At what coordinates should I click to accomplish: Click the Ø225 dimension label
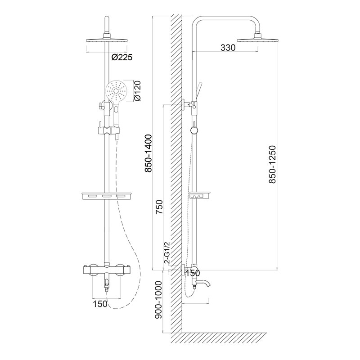click(122, 57)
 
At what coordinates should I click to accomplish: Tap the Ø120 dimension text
click(137, 91)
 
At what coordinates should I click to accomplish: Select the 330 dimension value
click(228, 48)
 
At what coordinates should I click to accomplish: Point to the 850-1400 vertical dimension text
click(148, 153)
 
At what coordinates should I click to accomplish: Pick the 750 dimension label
click(159, 207)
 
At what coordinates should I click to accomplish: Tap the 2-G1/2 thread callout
click(167, 252)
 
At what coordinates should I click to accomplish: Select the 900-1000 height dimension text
click(158, 300)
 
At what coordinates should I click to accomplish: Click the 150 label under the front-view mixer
click(100, 304)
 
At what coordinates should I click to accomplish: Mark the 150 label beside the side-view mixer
click(193, 273)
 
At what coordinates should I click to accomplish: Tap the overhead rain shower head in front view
click(107, 40)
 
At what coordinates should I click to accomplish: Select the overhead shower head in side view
click(258, 39)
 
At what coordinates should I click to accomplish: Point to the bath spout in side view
click(202, 283)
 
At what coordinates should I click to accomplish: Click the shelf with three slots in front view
click(107, 196)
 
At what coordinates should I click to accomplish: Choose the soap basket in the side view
click(200, 196)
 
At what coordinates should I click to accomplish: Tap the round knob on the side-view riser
click(194, 131)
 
